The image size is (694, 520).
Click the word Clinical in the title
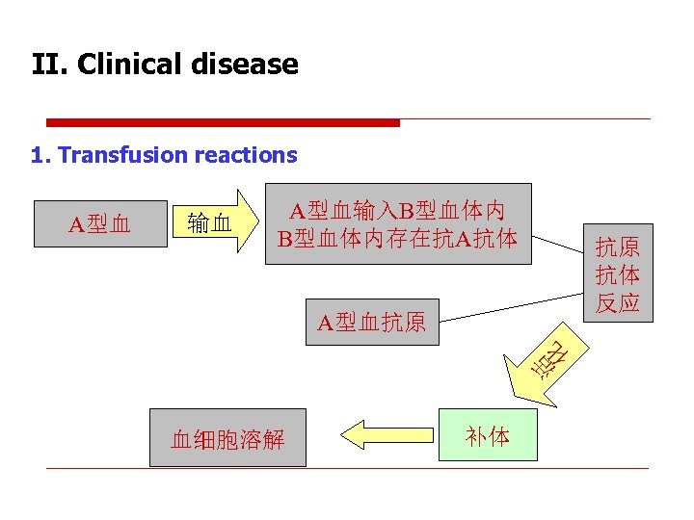coord(132,65)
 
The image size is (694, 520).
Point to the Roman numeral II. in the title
coord(49,65)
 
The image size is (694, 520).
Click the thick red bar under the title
coord(223,122)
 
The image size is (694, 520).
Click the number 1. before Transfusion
coord(41,155)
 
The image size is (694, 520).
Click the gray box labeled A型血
coord(100,224)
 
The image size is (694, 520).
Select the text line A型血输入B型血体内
coord(398,210)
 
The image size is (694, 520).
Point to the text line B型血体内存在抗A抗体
coord(398,237)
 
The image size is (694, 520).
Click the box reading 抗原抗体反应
coord(617,273)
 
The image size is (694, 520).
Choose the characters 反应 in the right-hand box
coord(617,302)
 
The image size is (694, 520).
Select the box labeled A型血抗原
coord(372,322)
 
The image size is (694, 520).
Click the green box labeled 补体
coord(488,436)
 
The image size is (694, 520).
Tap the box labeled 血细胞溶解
coord(227,439)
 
